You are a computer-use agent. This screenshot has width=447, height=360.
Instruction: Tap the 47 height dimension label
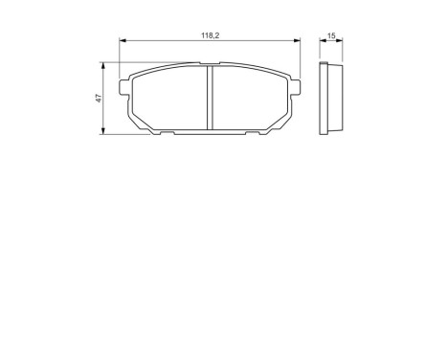(x=98, y=101)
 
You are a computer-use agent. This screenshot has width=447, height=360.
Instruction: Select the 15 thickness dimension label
(x=330, y=35)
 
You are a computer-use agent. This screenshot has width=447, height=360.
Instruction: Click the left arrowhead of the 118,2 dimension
(x=123, y=41)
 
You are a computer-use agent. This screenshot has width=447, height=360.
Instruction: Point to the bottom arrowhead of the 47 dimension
(x=103, y=133)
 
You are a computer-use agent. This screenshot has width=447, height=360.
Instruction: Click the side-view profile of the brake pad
(x=330, y=99)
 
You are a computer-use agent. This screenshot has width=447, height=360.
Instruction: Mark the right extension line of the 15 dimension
(x=342, y=50)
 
